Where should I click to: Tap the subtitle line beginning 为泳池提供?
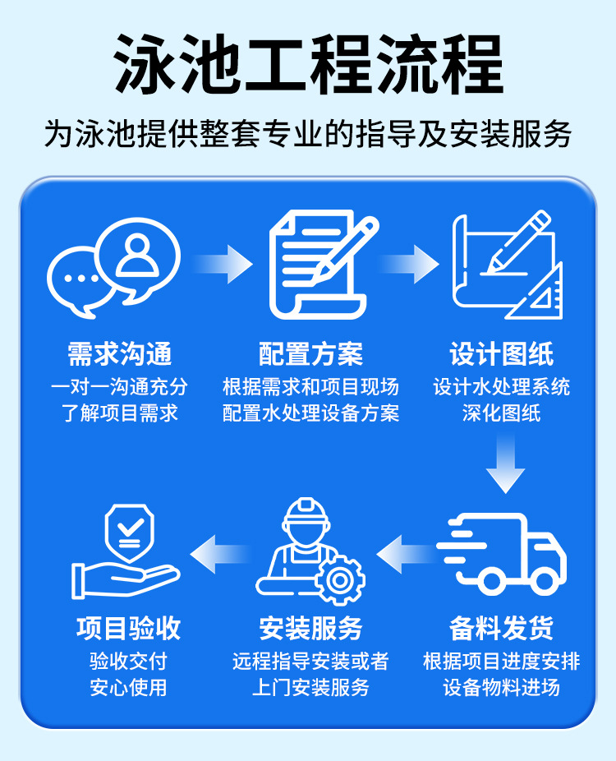coord(308,134)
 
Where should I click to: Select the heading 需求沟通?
coord(121,355)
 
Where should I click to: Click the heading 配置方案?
coord(310,355)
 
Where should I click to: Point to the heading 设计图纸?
coord(502,355)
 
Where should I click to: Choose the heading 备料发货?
coord(502,629)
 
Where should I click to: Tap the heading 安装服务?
coord(310,629)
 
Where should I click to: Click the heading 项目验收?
coord(128,629)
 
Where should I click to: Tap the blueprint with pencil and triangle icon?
coord(508,265)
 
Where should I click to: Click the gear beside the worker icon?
coord(338,578)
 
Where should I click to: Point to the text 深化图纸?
coord(502,412)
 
